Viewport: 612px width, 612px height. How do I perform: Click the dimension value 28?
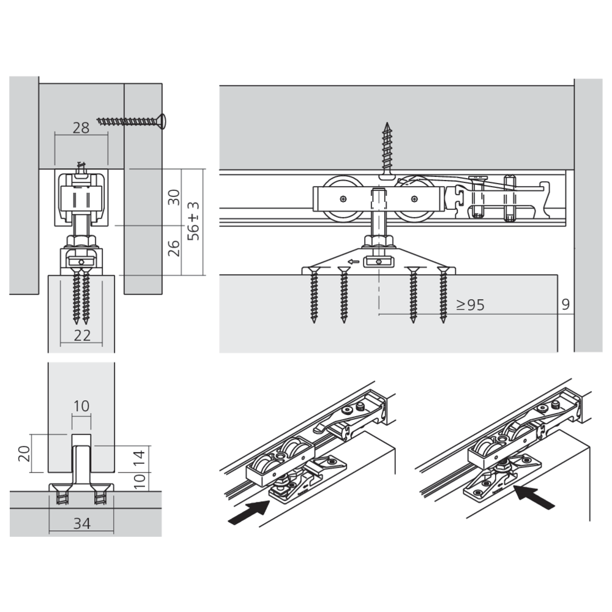(81, 128)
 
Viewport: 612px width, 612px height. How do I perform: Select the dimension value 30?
(174, 197)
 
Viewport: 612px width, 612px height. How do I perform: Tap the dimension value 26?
(174, 248)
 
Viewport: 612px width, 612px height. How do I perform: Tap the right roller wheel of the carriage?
(416, 198)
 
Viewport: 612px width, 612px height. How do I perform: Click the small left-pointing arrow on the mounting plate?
(351, 262)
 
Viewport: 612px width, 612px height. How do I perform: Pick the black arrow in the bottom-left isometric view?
(250, 510)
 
